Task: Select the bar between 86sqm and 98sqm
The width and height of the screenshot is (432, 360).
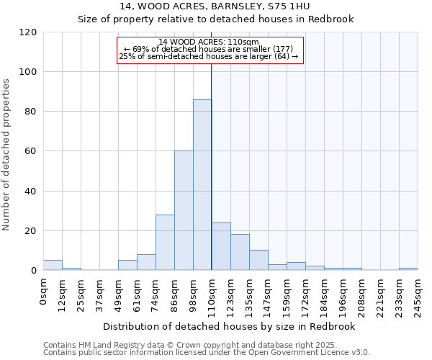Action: pos(184,210)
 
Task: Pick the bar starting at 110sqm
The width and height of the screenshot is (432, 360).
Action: pos(221,247)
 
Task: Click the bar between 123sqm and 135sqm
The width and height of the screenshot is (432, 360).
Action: pos(240,253)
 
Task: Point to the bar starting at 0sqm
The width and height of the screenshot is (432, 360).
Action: pos(53,265)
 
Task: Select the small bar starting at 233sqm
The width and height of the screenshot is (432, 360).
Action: pos(408,269)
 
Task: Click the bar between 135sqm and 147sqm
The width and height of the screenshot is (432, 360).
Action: pos(258,261)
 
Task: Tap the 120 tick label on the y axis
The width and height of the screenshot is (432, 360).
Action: pos(28,32)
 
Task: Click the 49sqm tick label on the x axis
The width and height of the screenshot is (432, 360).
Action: pos(118,292)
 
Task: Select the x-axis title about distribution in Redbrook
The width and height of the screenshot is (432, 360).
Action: pos(230,327)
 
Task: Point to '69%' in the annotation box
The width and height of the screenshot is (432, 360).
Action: pos(140,49)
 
